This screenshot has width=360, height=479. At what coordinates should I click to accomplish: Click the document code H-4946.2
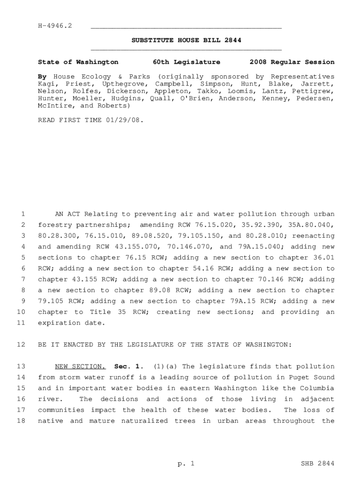[55, 25]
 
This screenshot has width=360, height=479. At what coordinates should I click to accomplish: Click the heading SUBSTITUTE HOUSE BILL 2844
[186, 41]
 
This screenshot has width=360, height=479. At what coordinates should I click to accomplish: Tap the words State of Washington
[78, 62]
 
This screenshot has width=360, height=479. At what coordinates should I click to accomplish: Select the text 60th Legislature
[186, 62]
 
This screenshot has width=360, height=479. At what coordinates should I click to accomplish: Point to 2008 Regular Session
[292, 62]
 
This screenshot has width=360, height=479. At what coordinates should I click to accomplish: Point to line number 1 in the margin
[22, 214]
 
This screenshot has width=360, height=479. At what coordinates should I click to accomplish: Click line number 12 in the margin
[21, 345]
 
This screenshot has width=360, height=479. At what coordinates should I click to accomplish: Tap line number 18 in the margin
[21, 421]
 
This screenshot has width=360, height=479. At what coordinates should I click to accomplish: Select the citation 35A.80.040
[313, 225]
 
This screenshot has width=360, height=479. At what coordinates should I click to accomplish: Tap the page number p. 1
[186, 464]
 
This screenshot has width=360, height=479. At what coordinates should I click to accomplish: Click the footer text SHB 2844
[318, 464]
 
